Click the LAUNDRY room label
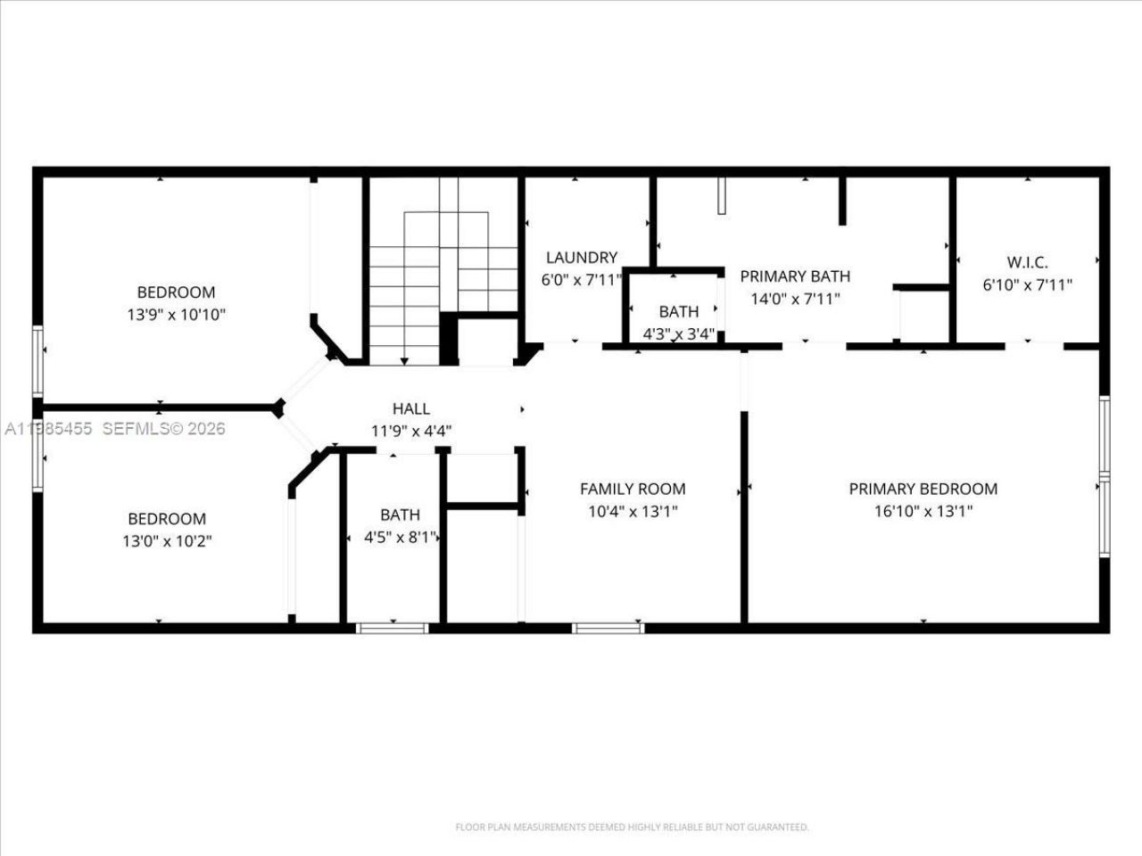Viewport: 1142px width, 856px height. pos(581,258)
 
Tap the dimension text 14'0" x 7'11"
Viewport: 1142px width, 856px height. pos(795,300)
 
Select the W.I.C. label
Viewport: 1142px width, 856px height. pos(1027,263)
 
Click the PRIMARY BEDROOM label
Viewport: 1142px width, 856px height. pos(923,489)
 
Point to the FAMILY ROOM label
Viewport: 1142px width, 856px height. pos(633,489)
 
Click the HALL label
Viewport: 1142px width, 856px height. pos(411,409)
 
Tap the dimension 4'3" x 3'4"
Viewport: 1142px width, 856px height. pos(679,335)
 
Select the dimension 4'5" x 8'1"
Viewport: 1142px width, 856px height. pos(400,538)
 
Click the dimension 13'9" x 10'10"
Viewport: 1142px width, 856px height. pos(176,315)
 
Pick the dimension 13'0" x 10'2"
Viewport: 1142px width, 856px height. pos(167,541)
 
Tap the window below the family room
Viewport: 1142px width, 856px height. pos(608,628)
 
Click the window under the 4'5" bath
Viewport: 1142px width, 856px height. pos(393,628)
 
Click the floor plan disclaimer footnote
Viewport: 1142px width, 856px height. pos(632,827)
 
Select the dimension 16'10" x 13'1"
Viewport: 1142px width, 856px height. pos(923,512)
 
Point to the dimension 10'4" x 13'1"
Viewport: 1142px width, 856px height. pos(633,512)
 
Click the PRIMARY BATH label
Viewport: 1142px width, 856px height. pos(795,276)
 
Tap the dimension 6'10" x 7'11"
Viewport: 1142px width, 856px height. pos(1027,285)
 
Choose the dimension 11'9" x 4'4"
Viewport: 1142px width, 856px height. pos(411,431)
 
